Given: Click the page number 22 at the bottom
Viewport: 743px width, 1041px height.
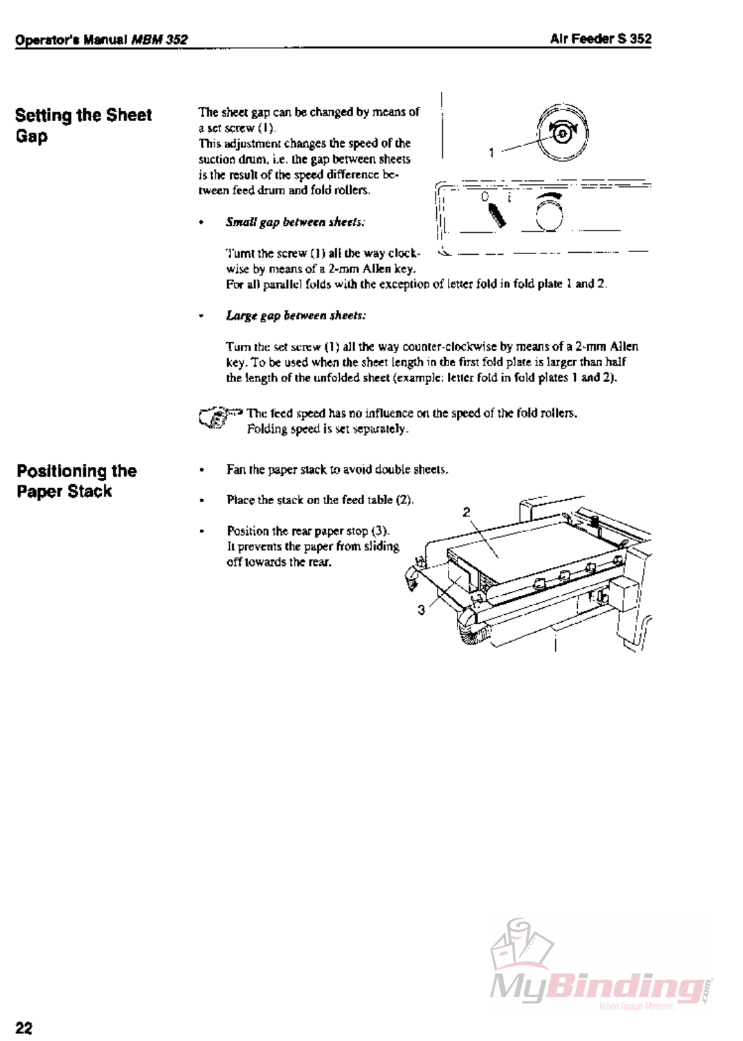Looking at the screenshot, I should tap(23, 1027).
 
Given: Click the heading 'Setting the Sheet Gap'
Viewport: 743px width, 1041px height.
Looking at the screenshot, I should tap(83, 125).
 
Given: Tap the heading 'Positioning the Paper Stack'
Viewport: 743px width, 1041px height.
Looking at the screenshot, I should tap(76, 481).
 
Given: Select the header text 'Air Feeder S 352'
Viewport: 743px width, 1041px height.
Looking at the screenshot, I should tap(600, 39).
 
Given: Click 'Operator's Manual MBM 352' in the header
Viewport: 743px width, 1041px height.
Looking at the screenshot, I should tap(101, 40).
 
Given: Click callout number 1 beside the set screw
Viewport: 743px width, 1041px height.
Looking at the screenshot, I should tap(491, 152).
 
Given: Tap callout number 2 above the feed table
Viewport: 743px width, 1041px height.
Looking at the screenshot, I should tap(466, 512).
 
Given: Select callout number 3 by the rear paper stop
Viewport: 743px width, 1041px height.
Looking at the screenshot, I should tap(421, 609).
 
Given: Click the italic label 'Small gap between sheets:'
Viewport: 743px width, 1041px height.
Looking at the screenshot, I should tap(295, 222).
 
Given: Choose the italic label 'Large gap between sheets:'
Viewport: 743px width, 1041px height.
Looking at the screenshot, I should tap(296, 315).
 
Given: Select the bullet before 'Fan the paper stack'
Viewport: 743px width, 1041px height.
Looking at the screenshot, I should tap(202, 470).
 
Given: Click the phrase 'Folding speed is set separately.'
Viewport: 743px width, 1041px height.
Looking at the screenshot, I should tap(327, 429).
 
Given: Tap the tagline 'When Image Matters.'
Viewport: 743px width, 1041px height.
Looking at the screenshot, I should tap(636, 1006).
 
